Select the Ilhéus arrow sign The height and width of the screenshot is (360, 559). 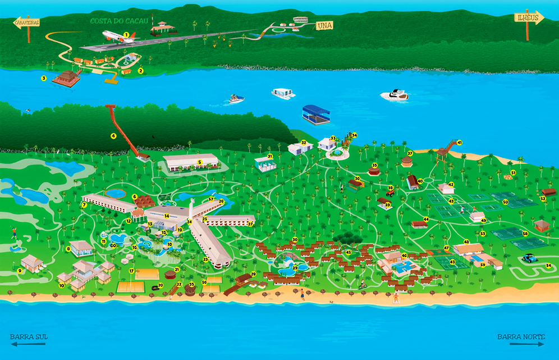click(529, 17)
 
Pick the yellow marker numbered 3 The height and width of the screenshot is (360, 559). click(44, 78)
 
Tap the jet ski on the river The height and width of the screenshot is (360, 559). click(236, 100)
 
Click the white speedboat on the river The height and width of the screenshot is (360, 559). click(394, 95)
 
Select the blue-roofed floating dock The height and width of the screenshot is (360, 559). click(318, 112)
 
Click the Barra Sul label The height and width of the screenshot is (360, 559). click(29, 337)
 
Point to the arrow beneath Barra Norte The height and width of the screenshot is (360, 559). click(521, 344)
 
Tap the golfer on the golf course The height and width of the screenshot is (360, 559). click(13, 231)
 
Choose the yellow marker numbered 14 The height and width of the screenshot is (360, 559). click(167, 216)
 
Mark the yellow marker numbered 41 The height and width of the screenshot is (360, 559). click(459, 142)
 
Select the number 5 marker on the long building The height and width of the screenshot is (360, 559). click(199, 163)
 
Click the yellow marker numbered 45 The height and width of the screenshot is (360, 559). click(348, 252)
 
